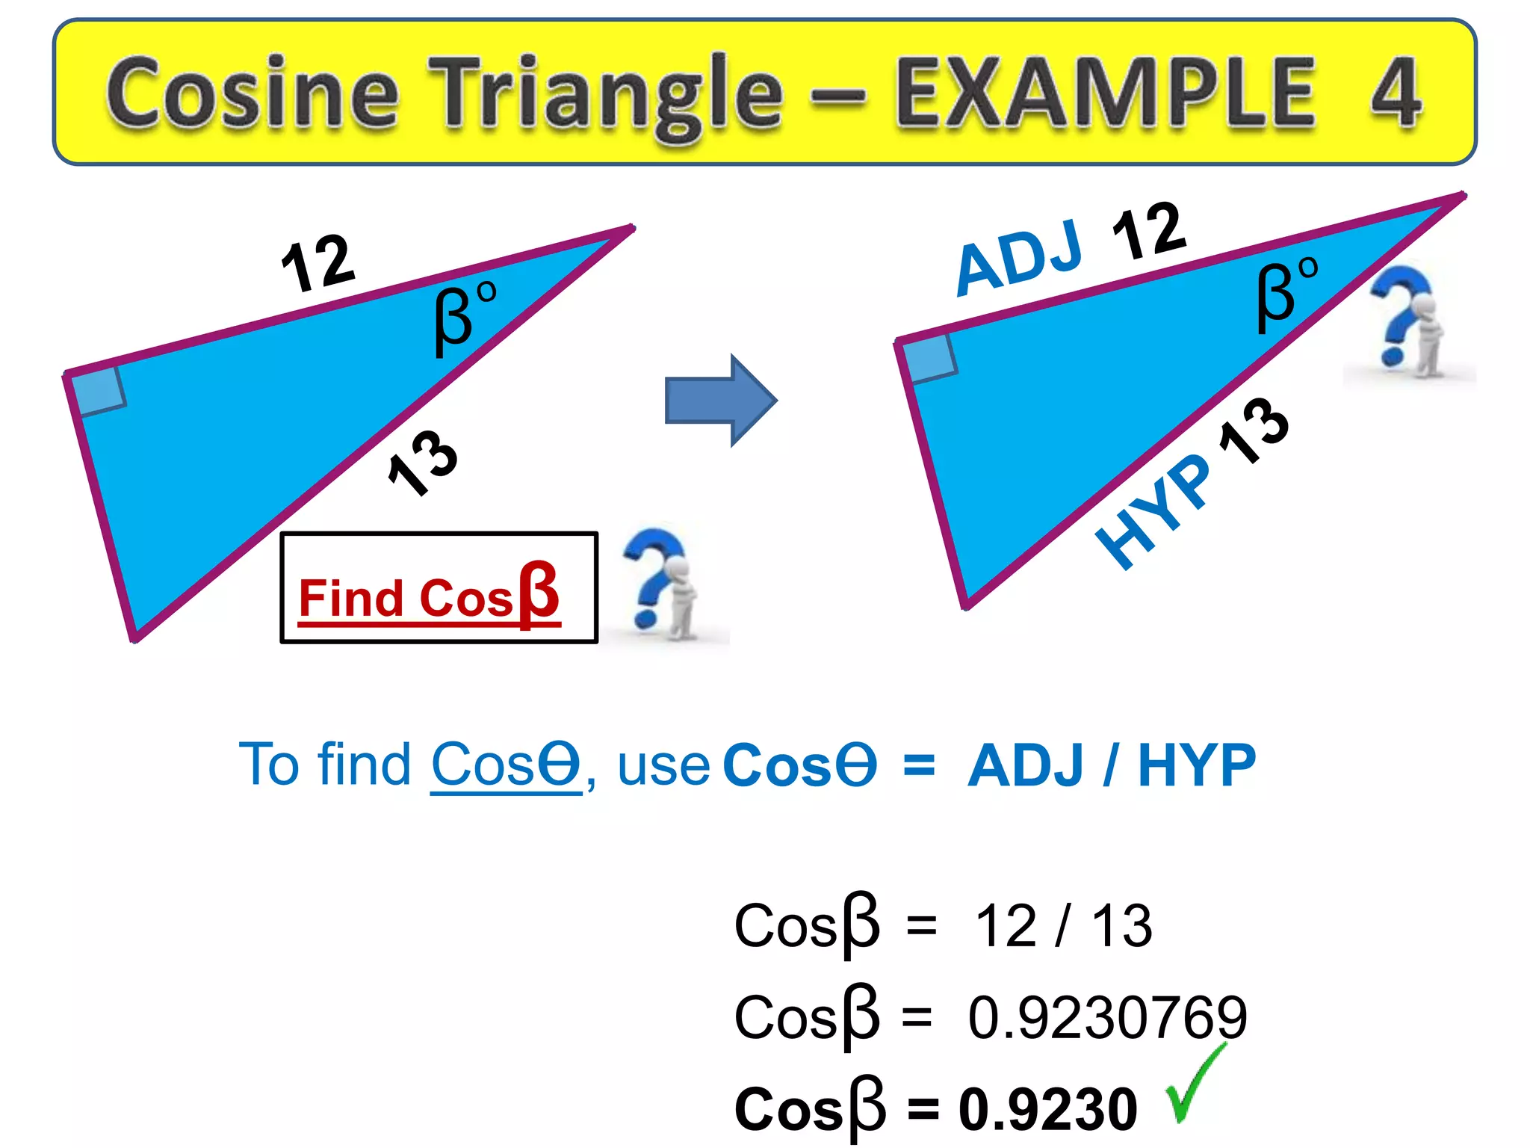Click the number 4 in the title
1396,93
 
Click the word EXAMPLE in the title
1106,93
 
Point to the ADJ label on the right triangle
1019,257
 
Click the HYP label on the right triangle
1153,512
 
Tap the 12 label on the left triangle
318,262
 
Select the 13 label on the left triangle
423,463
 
